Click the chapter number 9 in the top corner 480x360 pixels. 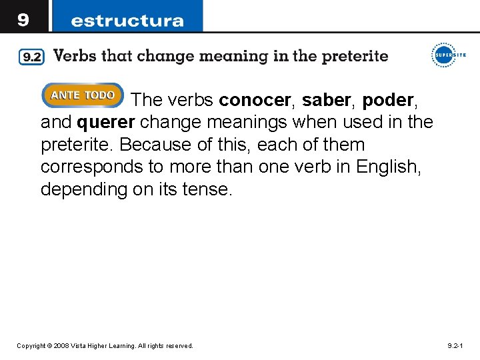(x=23, y=19)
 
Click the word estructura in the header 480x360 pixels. (x=127, y=20)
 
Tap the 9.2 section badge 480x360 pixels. (x=31, y=57)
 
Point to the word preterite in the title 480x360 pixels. (x=354, y=56)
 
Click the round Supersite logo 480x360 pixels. (x=445, y=54)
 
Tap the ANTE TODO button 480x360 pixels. (x=83, y=96)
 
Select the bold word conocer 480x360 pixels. (x=255, y=101)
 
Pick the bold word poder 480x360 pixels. (x=389, y=101)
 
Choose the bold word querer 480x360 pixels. (x=106, y=123)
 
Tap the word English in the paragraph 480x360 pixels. (x=387, y=167)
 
